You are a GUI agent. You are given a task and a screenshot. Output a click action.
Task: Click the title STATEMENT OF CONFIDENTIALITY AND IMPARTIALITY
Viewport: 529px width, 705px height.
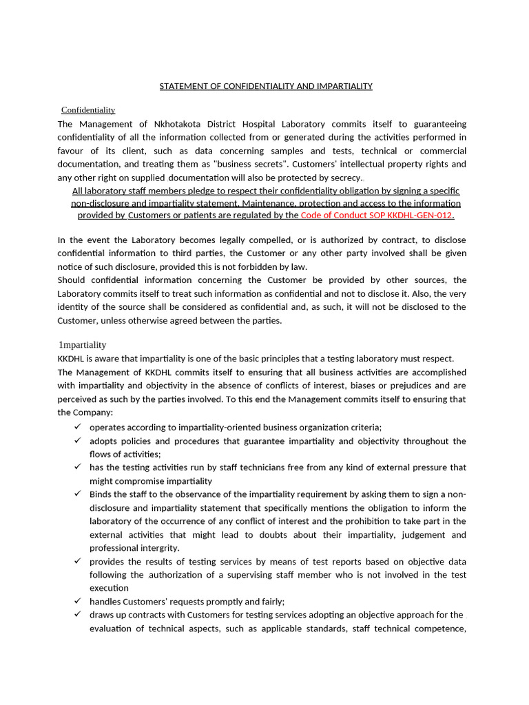[x=266, y=86]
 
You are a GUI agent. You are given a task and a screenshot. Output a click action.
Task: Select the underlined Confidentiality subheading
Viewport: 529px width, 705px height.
[x=88, y=110]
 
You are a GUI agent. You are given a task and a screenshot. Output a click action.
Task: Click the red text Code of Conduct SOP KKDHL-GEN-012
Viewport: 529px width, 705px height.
[x=377, y=215]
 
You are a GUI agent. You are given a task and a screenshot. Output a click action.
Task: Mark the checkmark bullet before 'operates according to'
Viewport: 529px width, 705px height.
[x=77, y=427]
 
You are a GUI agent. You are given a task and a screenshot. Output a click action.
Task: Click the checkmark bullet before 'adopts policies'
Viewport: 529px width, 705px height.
[x=77, y=441]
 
